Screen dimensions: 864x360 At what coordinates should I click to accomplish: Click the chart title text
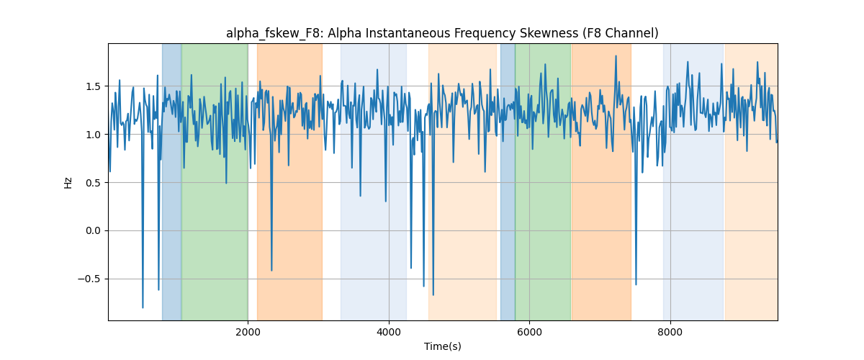(442, 34)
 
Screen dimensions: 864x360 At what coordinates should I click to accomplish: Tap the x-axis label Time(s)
(442, 346)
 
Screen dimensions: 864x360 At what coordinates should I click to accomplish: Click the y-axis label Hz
(68, 182)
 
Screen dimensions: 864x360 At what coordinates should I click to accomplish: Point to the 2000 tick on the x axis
(248, 332)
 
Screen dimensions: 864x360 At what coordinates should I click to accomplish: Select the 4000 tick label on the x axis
(389, 332)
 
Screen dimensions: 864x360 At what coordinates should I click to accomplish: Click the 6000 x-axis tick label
(530, 332)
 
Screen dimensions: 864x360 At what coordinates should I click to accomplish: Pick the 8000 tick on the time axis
(670, 332)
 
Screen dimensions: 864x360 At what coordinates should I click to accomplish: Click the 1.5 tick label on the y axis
(93, 86)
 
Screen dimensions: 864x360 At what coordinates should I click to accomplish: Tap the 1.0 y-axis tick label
(93, 135)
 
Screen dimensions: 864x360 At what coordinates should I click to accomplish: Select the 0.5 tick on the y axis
(93, 183)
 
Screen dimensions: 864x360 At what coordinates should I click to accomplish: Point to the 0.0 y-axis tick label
(93, 230)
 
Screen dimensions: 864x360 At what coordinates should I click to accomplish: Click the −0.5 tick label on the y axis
(89, 279)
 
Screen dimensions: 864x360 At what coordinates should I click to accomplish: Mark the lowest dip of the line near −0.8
(143, 308)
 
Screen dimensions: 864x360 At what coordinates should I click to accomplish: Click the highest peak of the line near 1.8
(616, 56)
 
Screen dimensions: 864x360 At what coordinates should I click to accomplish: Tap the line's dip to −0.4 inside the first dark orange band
(271, 271)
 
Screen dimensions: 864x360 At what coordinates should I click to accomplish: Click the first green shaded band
(215, 181)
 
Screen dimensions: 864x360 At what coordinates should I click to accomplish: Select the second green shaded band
(543, 181)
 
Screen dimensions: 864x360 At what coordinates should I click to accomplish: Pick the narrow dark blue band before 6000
(508, 181)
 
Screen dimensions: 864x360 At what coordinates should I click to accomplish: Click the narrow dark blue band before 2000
(171, 181)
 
